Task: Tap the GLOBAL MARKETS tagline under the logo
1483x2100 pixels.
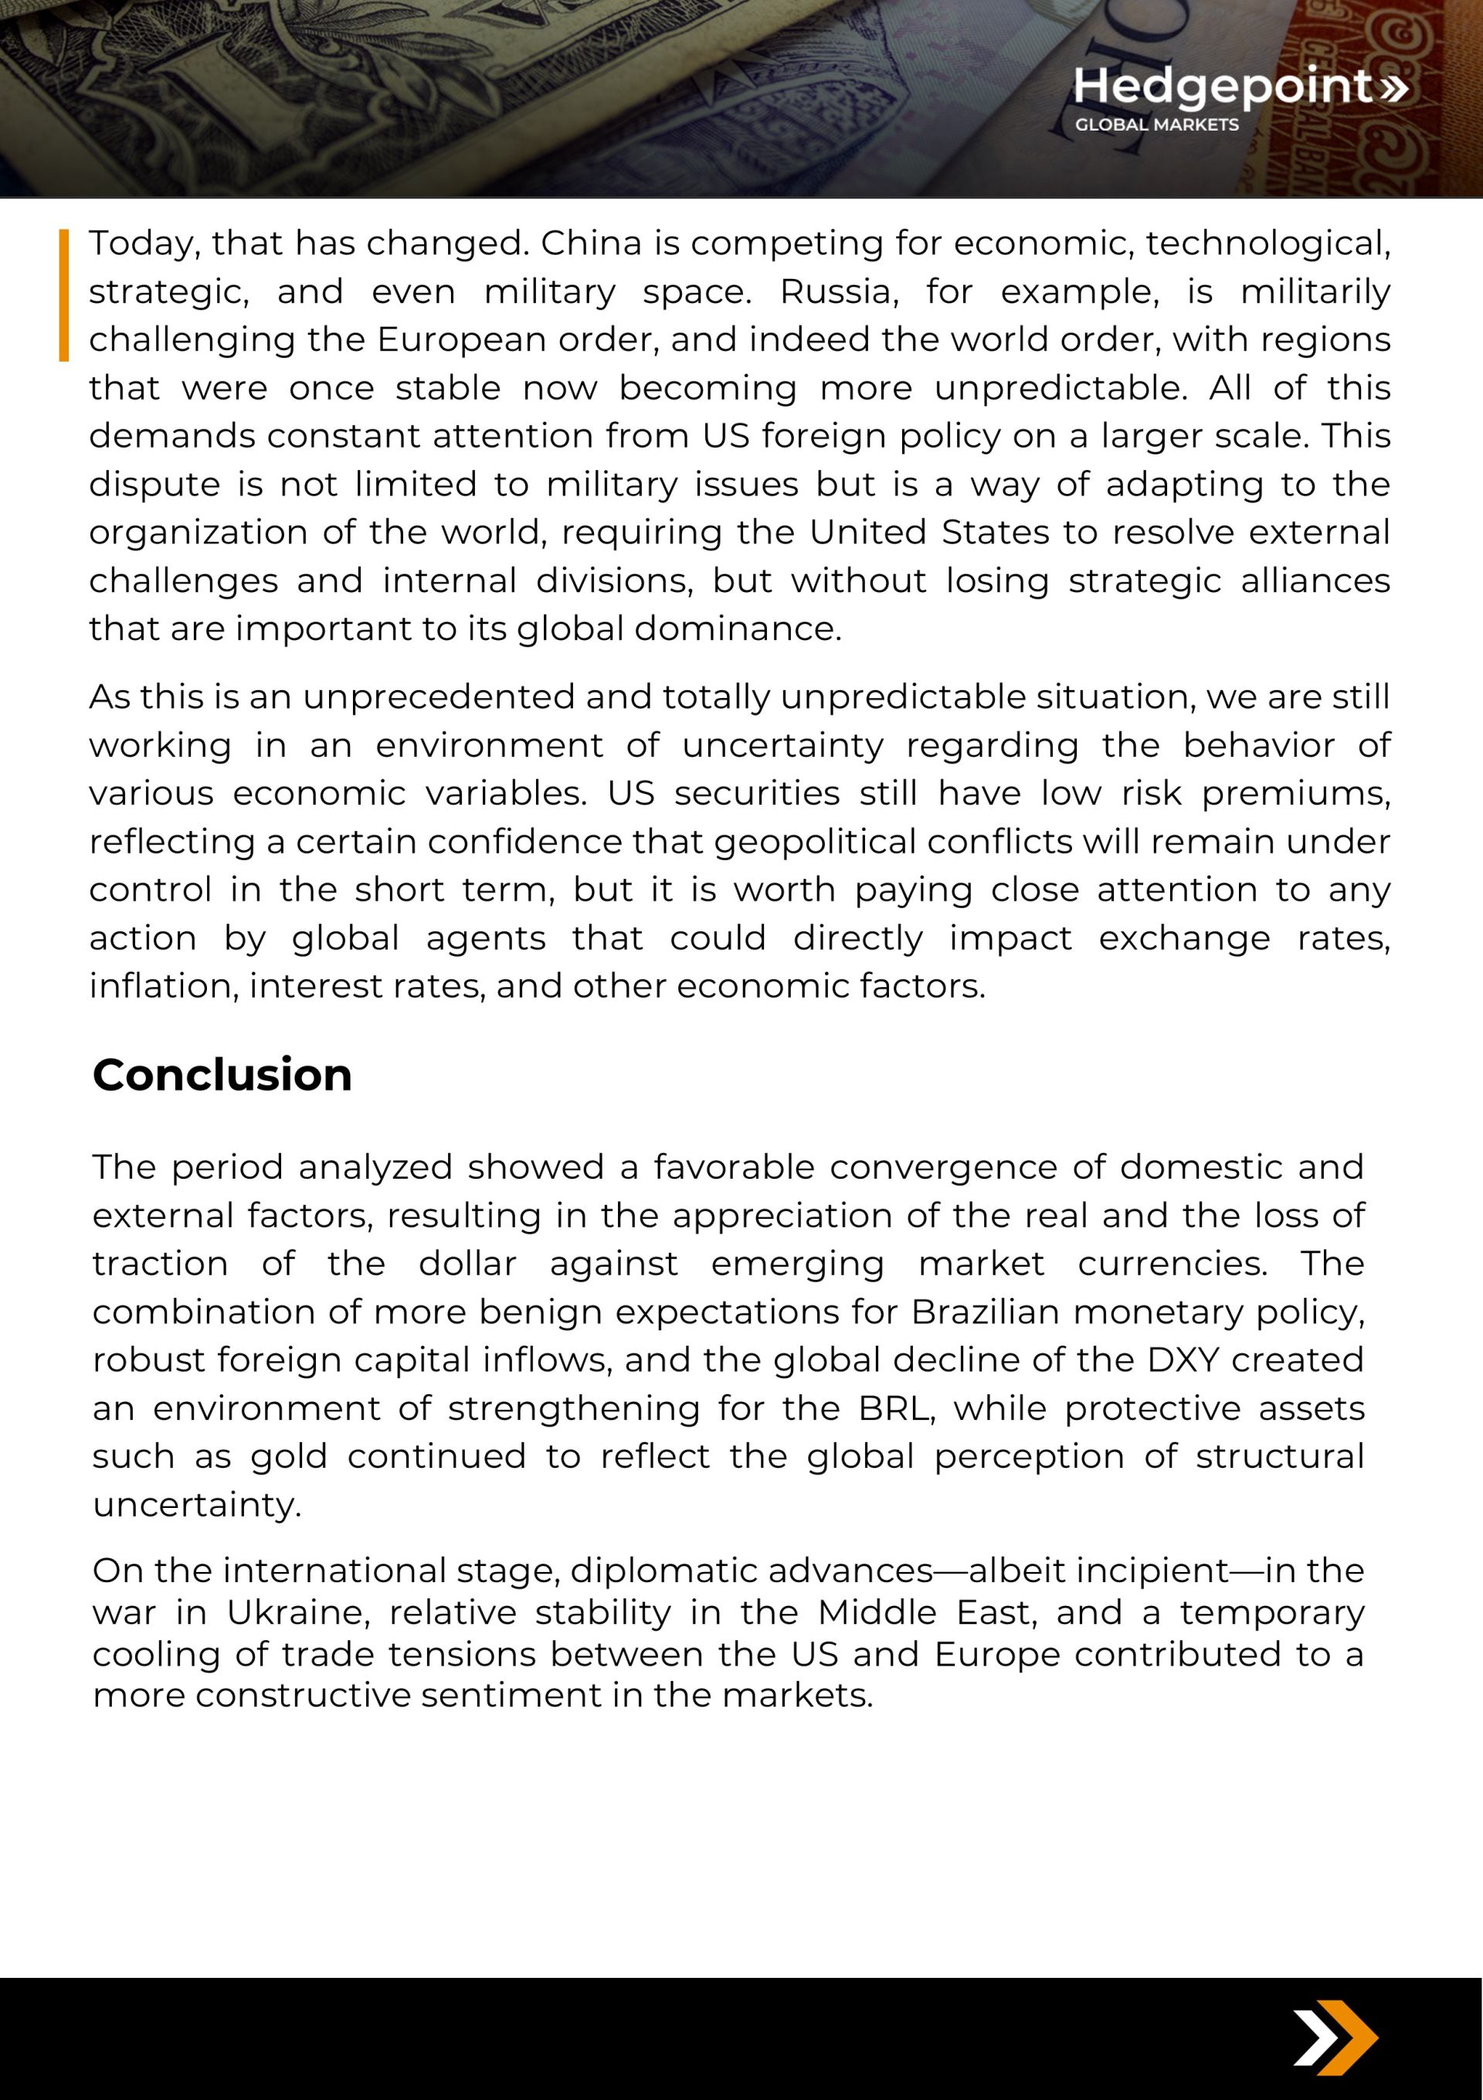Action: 1156,125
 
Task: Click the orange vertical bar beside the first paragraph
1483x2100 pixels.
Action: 64,294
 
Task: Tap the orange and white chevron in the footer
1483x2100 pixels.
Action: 1335,2038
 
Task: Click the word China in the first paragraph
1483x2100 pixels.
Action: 591,243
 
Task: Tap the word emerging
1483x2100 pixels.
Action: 797,1264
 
